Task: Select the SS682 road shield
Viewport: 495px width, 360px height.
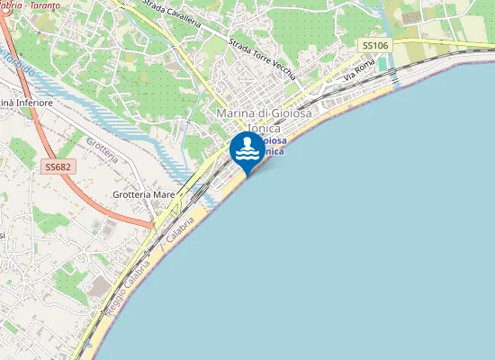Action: pos(58,166)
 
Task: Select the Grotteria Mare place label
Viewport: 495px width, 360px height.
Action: pos(144,193)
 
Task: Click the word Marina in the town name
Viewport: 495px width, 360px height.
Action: pos(234,113)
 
